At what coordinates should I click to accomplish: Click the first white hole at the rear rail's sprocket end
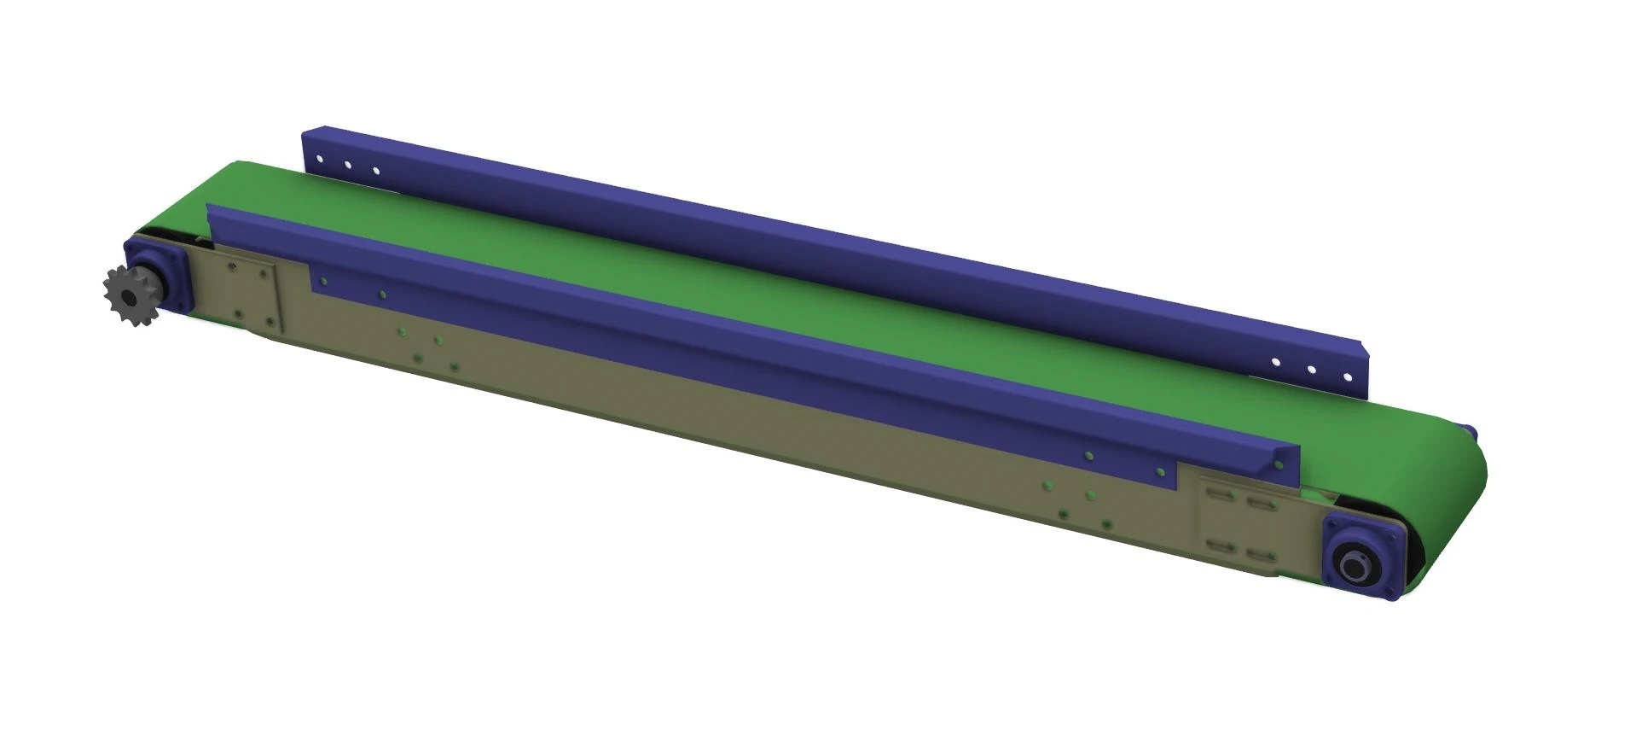click(318, 159)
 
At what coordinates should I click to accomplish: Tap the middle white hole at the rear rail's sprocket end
click(347, 165)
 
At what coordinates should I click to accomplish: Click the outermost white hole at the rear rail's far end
click(1347, 376)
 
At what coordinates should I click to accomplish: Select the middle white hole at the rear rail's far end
click(1311, 369)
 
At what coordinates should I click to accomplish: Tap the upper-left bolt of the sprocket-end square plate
click(232, 267)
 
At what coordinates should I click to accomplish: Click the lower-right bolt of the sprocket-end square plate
click(270, 322)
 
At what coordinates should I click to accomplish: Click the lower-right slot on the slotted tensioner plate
click(1259, 556)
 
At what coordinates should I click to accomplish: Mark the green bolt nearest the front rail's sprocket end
click(323, 278)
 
